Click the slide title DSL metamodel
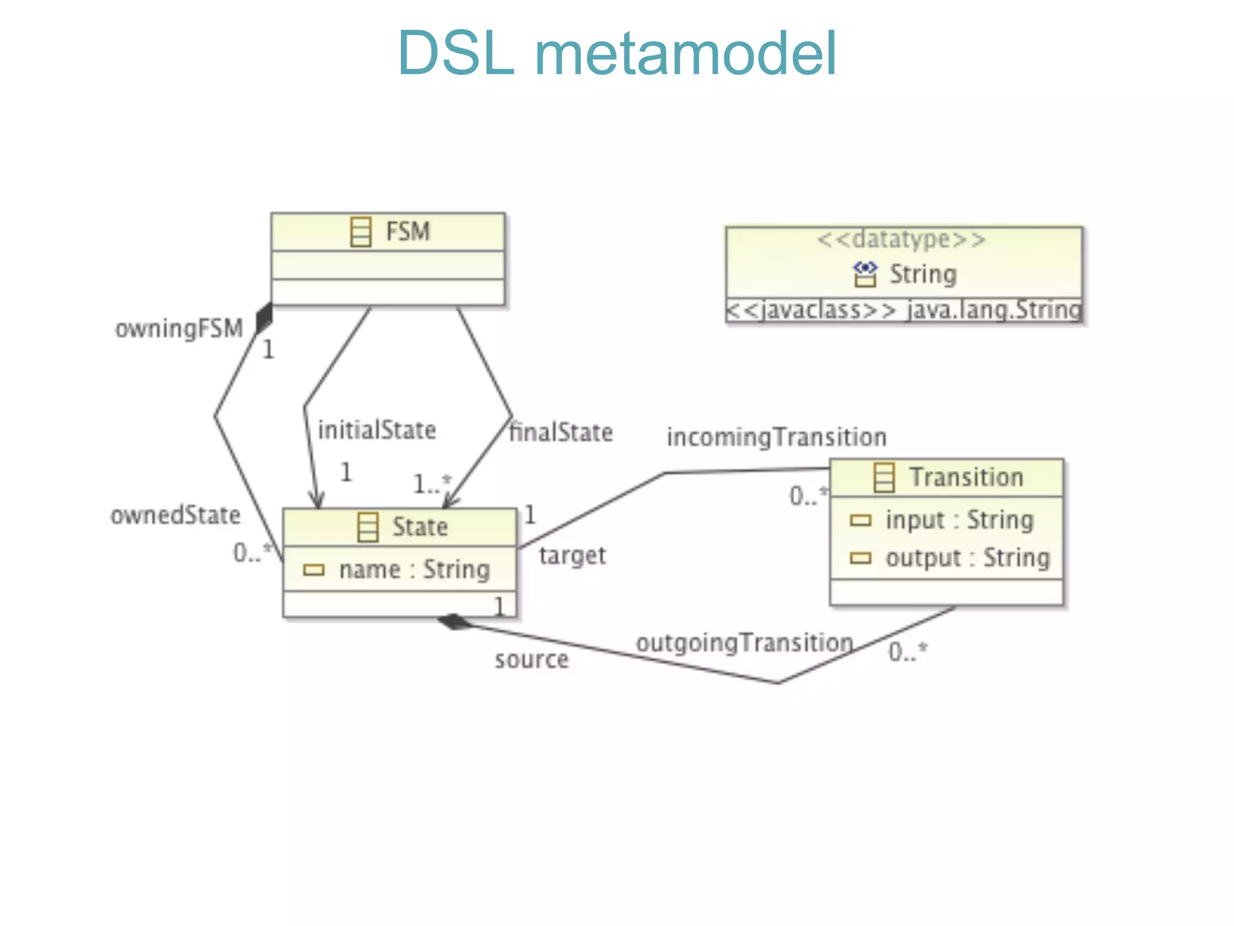[617, 54]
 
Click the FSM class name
[407, 231]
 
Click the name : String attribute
[415, 570]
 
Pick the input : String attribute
[959, 520]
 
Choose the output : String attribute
[966, 558]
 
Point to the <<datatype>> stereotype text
[901, 240]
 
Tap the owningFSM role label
[179, 329]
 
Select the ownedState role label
[175, 515]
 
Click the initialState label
[377, 430]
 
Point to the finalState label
[561, 433]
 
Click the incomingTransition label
[776, 437]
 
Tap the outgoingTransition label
[745, 643]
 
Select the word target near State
[572, 555]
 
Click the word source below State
[531, 660]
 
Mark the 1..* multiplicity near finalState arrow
[431, 483]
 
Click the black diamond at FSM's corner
[264, 318]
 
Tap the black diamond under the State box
[456, 622]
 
